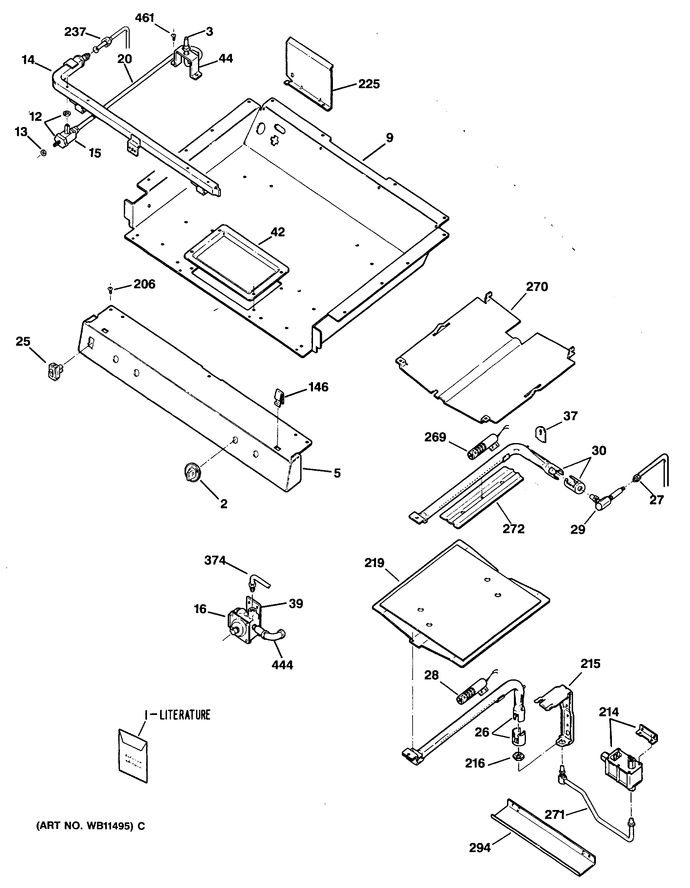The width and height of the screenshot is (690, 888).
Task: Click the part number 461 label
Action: point(144,18)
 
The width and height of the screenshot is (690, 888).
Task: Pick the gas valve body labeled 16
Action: point(240,626)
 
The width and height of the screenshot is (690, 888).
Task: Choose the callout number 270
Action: point(537,287)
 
